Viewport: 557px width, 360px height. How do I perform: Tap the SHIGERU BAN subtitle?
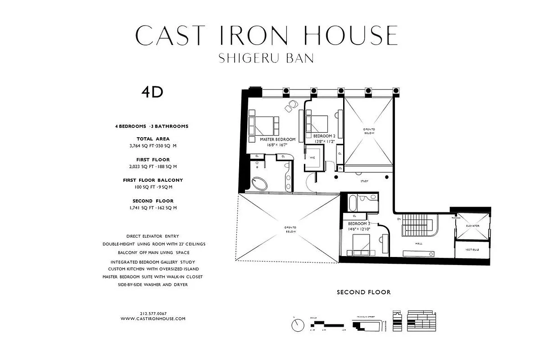click(x=266, y=58)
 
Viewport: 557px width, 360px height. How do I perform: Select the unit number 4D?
click(x=152, y=92)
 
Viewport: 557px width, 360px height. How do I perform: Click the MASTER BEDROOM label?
click(x=277, y=139)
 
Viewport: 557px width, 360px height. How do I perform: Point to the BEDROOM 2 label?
click(x=324, y=136)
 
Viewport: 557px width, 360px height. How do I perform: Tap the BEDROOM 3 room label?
click(x=359, y=224)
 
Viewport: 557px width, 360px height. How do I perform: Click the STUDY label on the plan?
click(x=365, y=182)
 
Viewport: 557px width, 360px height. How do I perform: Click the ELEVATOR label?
click(x=472, y=225)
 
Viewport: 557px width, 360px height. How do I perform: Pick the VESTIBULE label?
click(x=472, y=249)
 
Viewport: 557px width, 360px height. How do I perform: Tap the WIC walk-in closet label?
click(x=312, y=158)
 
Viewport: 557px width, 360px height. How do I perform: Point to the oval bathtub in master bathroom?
click(x=260, y=184)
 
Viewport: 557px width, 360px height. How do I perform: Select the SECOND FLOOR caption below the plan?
click(x=363, y=292)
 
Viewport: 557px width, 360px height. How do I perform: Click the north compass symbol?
click(x=298, y=324)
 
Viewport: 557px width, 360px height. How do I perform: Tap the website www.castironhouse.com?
click(x=153, y=319)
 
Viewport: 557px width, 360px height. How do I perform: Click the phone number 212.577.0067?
click(x=153, y=313)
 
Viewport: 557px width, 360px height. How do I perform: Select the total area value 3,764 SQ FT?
click(x=141, y=146)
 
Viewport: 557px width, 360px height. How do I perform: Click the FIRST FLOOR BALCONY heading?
click(x=153, y=180)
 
